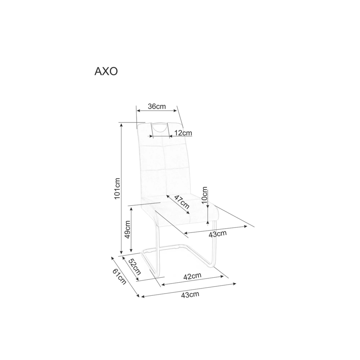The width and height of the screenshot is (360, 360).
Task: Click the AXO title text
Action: [x=106, y=71]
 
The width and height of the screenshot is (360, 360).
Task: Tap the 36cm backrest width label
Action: [x=157, y=107]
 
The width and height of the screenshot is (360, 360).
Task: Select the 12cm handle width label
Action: [x=183, y=133]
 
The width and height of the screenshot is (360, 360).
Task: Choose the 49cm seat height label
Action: [x=128, y=229]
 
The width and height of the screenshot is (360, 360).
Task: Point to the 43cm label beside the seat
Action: [x=218, y=234]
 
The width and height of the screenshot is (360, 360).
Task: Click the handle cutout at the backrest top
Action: [x=160, y=127]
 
